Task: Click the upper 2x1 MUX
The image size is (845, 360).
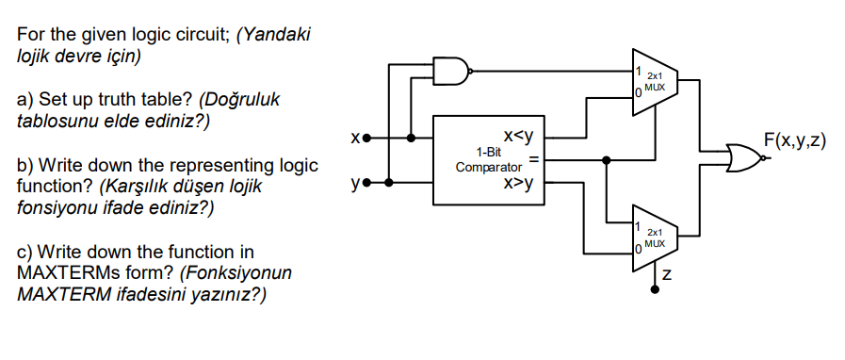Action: pos(654,80)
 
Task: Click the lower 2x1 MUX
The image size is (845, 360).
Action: pos(654,236)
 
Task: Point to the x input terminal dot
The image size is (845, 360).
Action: pos(367,138)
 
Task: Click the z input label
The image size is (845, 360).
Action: pos(667,276)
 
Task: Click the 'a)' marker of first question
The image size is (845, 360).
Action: pos(25,100)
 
